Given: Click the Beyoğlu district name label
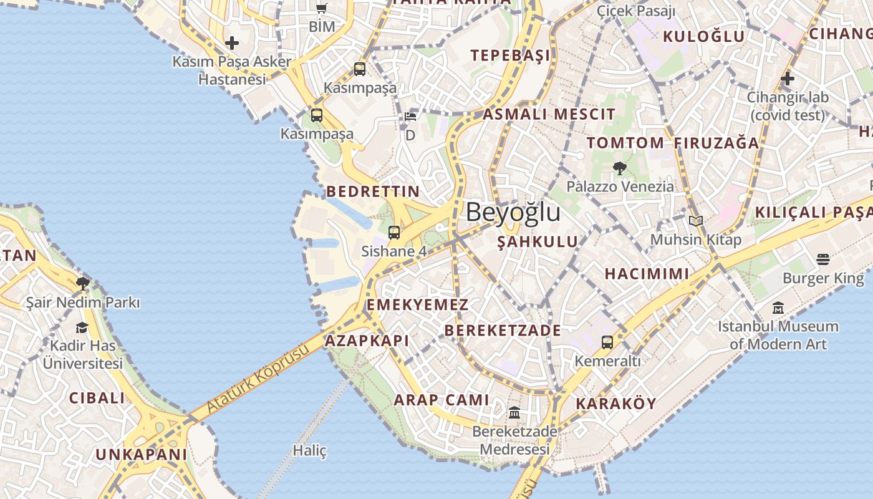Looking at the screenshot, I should tap(513, 213).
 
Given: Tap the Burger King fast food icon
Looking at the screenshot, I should tap(823, 259).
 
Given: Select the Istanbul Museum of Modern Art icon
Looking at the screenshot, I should tap(778, 308).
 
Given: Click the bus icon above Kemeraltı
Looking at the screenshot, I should tap(607, 342).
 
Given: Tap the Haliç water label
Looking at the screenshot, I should tap(310, 450).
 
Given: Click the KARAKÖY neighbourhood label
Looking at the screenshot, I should tap(616, 404).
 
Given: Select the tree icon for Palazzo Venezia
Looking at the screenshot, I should tap(619, 168).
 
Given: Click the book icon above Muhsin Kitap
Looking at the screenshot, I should tap(696, 221).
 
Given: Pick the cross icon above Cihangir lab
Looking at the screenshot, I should tap(788, 79).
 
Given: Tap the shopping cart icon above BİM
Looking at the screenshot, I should tap(322, 8).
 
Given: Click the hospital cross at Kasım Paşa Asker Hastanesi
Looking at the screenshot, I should tap(232, 43).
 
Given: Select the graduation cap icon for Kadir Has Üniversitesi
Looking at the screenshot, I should tap(82, 327).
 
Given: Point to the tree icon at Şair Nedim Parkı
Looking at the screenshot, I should tap(82, 284).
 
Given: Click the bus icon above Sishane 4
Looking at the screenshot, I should tap(393, 233).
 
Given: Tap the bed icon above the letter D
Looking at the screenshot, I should tap(410, 117).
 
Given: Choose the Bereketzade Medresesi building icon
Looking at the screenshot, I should tap(514, 413).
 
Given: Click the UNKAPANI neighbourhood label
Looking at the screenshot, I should tap(141, 455).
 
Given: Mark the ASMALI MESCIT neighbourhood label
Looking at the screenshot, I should tap(549, 114).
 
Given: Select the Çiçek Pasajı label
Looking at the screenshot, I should tap(636, 11).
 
